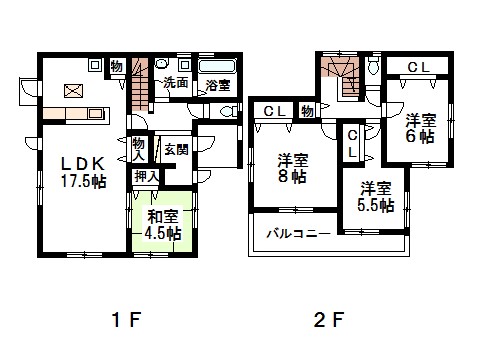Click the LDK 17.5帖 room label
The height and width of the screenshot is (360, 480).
[x=83, y=172]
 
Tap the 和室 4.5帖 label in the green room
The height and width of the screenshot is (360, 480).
[x=163, y=225]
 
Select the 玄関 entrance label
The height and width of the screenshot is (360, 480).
[x=176, y=150]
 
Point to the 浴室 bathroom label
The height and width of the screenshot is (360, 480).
[x=218, y=85]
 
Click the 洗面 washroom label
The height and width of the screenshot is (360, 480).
[x=175, y=83]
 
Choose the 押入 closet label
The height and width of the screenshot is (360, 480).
[x=147, y=176]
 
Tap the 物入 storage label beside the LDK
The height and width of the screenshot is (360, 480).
[x=138, y=150]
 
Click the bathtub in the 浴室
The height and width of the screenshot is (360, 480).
[x=217, y=66]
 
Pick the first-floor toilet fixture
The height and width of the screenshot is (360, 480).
[x=230, y=111]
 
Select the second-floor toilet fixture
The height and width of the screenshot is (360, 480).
[x=374, y=65]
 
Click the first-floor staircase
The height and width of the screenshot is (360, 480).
[x=140, y=85]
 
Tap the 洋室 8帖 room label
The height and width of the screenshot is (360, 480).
[x=292, y=168]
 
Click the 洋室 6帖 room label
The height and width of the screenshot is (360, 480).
[x=420, y=128]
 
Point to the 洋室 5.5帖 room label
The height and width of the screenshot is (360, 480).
[x=376, y=197]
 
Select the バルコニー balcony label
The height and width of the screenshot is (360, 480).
[x=298, y=234]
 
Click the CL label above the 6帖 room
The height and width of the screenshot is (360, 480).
[x=419, y=68]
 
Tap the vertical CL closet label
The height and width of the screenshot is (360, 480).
[x=353, y=144]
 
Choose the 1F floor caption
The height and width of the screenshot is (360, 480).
[x=127, y=320]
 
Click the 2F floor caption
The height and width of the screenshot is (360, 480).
[x=328, y=320]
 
